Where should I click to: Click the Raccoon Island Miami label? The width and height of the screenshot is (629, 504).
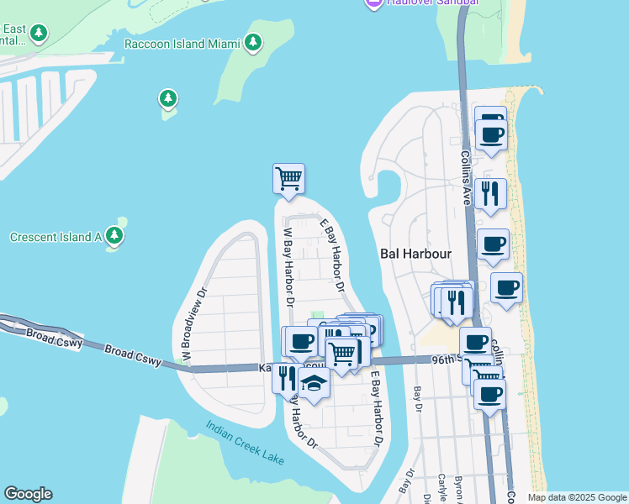(181, 43)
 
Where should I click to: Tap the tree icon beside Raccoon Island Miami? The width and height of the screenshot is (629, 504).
(252, 42)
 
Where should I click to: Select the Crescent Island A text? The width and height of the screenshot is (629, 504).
(55, 237)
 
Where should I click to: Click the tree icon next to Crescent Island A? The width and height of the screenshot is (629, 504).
(114, 237)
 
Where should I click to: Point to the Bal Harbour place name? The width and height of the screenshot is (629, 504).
(416, 253)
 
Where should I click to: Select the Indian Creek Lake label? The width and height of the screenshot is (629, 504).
(246, 442)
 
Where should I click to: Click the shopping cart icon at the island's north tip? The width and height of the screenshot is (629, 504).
(288, 178)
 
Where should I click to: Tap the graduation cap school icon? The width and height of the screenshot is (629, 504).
(314, 383)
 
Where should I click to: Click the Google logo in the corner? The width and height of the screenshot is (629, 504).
(28, 494)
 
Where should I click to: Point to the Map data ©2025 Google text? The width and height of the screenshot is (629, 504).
(576, 497)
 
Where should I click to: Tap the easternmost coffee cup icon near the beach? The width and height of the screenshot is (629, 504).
(506, 288)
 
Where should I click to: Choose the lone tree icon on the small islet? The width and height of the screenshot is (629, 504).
(168, 99)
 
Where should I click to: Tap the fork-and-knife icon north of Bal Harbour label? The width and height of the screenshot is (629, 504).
(490, 193)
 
